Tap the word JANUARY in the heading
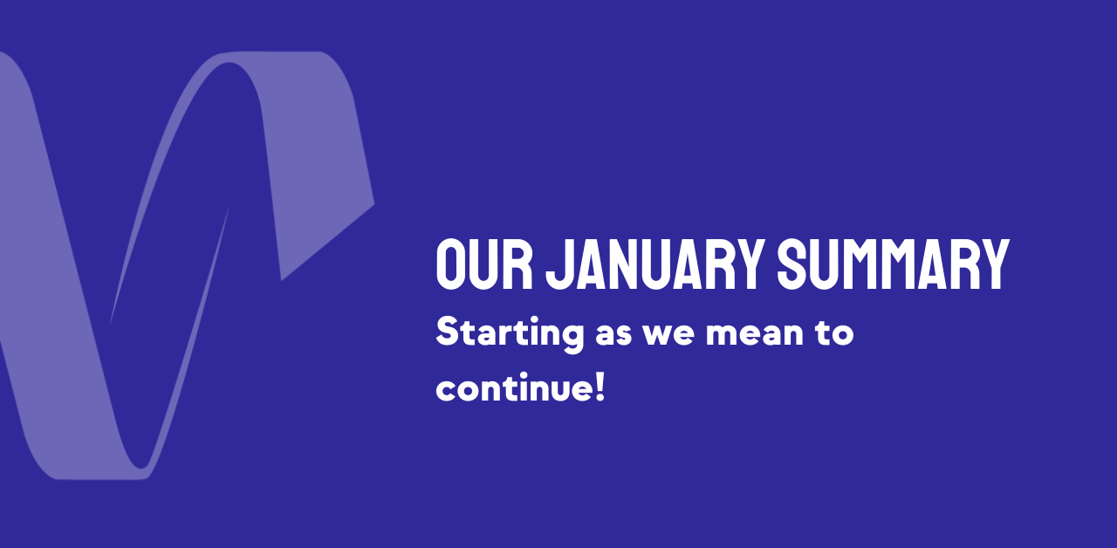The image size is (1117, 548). (655, 264)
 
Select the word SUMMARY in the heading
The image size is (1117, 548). (894, 264)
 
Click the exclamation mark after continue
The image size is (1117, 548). (600, 387)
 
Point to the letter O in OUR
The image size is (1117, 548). (448, 264)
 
